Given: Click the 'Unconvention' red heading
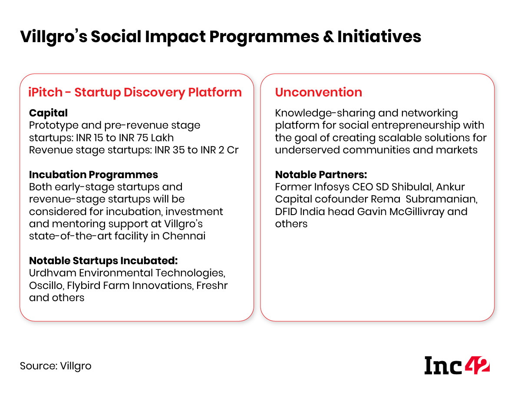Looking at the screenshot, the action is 318,92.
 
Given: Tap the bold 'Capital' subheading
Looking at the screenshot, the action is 48,113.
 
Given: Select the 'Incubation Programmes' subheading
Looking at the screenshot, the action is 93,175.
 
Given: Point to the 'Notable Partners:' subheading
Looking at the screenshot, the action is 321,175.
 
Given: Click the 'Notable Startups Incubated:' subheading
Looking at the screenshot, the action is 103,261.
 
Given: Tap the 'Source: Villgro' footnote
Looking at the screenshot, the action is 56,366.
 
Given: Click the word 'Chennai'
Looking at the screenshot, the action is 184,236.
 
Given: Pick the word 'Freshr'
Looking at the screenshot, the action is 212,285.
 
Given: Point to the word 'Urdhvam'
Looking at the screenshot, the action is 53,273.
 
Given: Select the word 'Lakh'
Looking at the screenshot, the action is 162,138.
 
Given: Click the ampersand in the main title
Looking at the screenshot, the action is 329,37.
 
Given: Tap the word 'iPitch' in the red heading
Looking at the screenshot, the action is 45,92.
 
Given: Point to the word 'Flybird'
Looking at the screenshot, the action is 83,285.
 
